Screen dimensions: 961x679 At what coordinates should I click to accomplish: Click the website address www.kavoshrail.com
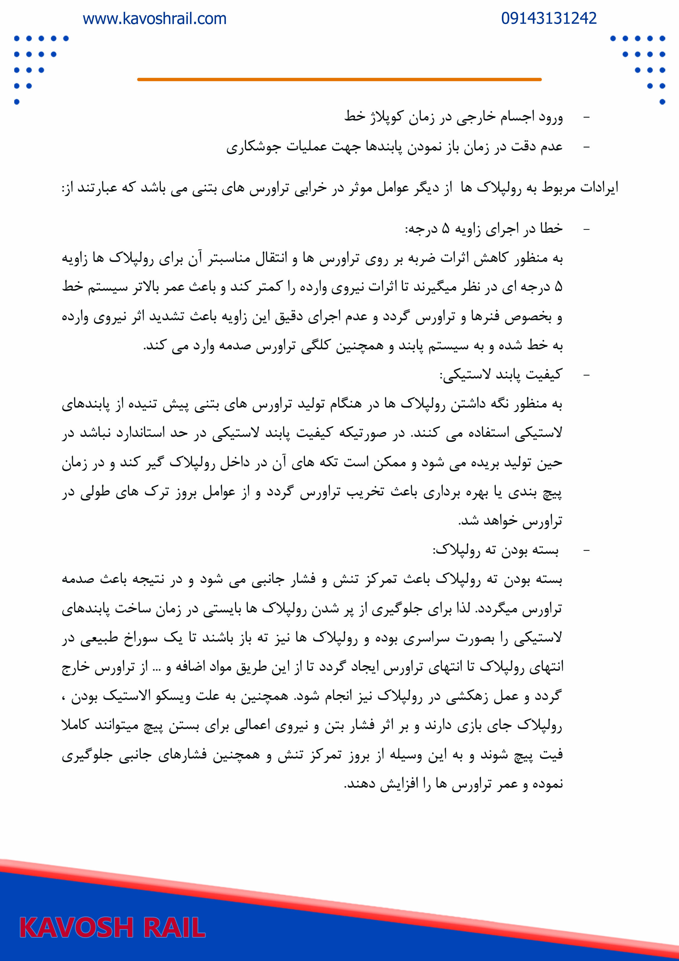[x=154, y=19]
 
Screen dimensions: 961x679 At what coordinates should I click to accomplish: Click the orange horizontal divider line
[x=339, y=79]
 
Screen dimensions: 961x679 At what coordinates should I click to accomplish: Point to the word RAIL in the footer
[x=174, y=928]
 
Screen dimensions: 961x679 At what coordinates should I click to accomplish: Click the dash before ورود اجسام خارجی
[x=586, y=118]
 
